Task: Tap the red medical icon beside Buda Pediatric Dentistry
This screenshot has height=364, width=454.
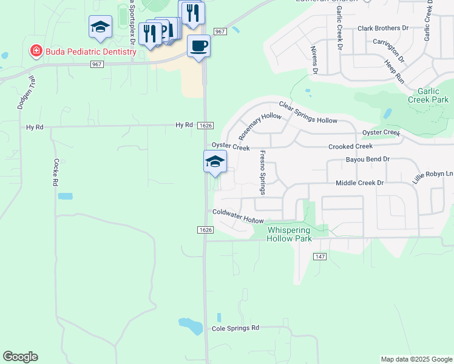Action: pyautogui.click(x=36, y=51)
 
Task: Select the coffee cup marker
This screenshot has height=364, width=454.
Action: pyautogui.click(x=198, y=45)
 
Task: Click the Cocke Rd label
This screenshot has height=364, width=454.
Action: pyautogui.click(x=55, y=172)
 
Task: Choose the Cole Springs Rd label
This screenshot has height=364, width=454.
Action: pyautogui.click(x=235, y=328)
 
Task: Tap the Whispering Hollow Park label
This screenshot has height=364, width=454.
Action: pyautogui.click(x=289, y=234)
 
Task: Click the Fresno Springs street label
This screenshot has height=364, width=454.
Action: pyautogui.click(x=262, y=172)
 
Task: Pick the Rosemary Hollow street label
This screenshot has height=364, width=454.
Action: pyautogui.click(x=260, y=125)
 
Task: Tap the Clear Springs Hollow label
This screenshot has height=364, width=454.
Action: pyautogui.click(x=308, y=112)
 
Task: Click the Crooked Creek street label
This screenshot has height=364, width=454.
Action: pyautogui.click(x=350, y=147)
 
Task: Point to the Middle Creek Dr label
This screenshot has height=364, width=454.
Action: pyautogui.click(x=360, y=183)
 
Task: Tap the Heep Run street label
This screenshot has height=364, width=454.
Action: pyautogui.click(x=394, y=71)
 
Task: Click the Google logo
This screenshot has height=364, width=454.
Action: pyautogui.click(x=20, y=357)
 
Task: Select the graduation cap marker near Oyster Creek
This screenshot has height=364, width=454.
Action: pyautogui.click(x=215, y=162)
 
